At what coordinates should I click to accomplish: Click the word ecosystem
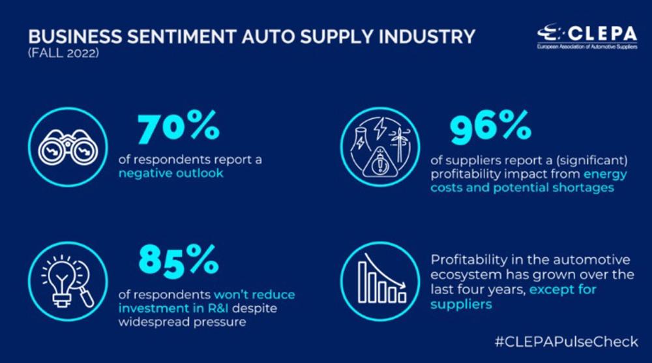[x=464, y=274]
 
